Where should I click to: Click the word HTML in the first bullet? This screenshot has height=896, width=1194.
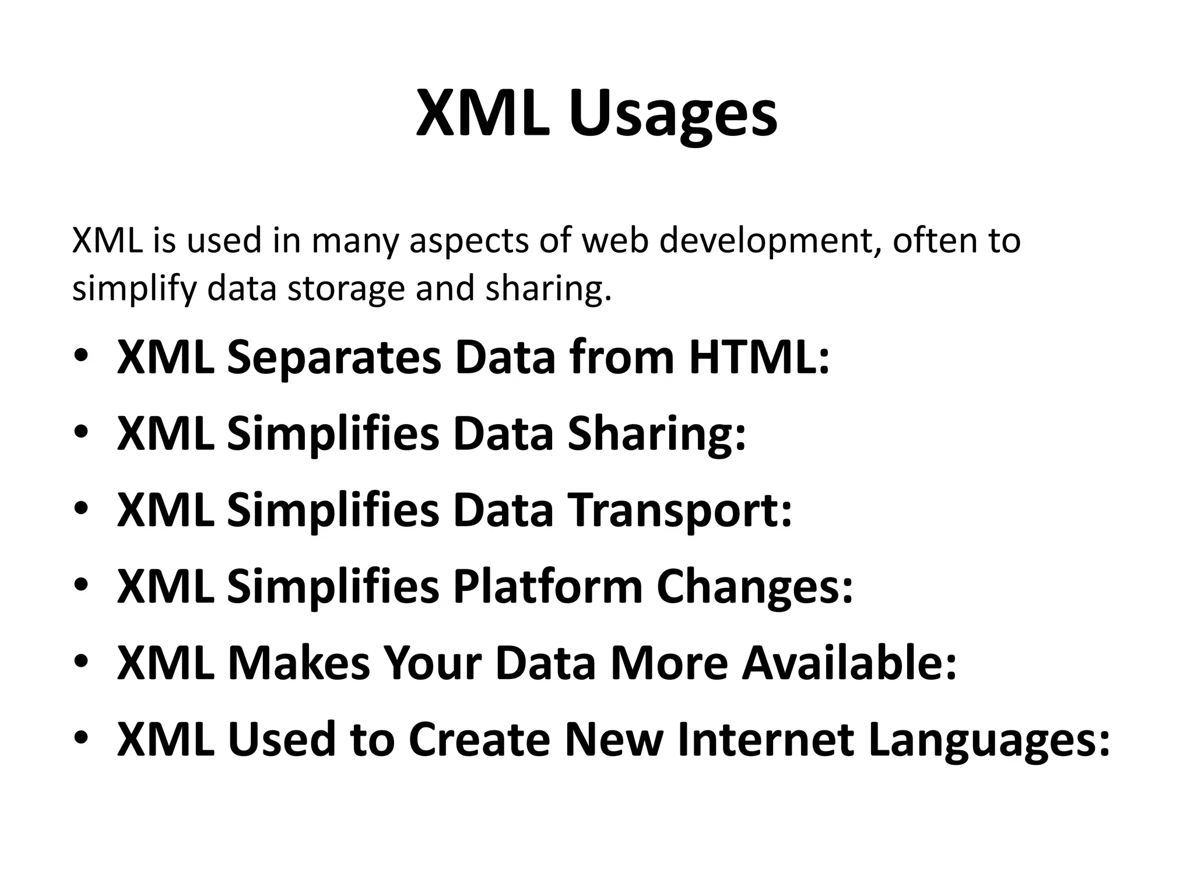coord(758,358)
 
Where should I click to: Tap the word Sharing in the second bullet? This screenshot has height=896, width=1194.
coord(656,435)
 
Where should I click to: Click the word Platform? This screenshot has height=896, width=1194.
coord(547,587)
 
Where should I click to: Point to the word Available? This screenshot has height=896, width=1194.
coord(849,663)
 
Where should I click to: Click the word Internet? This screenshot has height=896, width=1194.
coord(766,740)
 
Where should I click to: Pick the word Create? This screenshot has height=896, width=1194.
coord(480,740)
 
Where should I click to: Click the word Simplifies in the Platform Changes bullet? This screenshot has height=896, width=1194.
coord(333,587)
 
